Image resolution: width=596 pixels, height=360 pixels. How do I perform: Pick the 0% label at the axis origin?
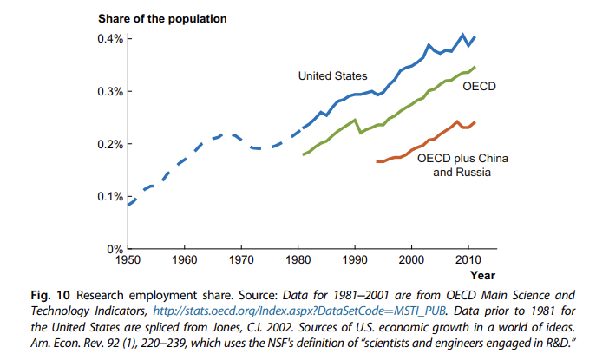115,249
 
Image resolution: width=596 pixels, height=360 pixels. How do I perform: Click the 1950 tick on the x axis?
128,259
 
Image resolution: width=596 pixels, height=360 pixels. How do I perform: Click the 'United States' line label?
333,76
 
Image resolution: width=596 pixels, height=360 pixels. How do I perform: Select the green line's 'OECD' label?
479,87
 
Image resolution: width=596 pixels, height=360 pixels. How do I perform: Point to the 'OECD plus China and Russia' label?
462,166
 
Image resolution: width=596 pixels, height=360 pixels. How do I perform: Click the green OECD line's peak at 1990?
355,120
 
